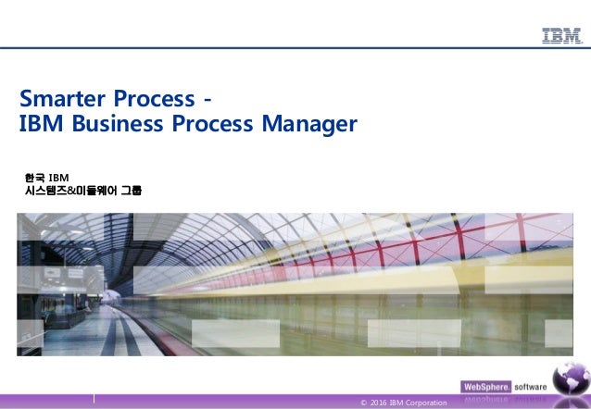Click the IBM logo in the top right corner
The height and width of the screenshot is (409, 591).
pos(561,36)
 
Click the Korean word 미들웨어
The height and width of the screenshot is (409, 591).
pos(101,192)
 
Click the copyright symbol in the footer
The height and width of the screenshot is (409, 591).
pos(362,403)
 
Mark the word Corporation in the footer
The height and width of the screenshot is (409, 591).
pos(427,403)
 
